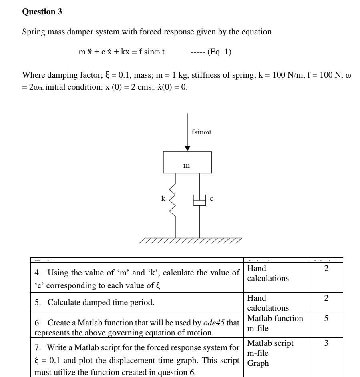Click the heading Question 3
tap(42, 12)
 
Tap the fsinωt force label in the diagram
tap(201, 132)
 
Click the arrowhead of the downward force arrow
tap(187, 148)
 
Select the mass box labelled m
tap(187, 162)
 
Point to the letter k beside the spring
tap(163, 198)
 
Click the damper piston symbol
tap(199, 201)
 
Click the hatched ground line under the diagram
tap(190, 240)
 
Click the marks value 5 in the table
tap(326, 319)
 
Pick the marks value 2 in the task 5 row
tap(326, 298)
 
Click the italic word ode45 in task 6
tap(214, 323)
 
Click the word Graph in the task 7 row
tap(258, 363)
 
